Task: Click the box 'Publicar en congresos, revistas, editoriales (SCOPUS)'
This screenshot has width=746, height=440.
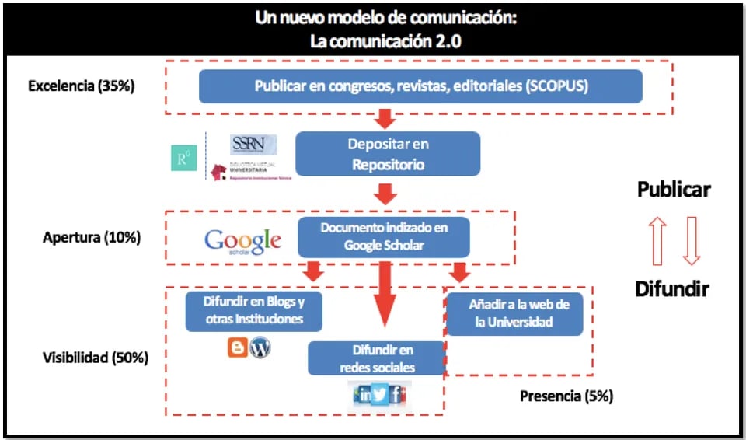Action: [x=420, y=86]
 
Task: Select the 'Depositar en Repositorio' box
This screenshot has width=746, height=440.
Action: [x=388, y=154]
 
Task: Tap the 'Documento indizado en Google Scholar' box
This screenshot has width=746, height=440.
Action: [x=384, y=236]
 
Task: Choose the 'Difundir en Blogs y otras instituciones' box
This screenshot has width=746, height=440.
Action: [x=253, y=310]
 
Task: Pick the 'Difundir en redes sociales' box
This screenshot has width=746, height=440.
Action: [x=377, y=358]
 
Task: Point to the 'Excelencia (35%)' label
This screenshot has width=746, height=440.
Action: [x=81, y=86]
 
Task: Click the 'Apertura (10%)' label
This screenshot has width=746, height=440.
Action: [x=92, y=237]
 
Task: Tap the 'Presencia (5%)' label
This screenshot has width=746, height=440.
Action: [x=566, y=396]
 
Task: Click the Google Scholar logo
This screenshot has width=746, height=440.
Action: [x=242, y=241]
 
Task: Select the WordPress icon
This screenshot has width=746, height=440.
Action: [x=260, y=347]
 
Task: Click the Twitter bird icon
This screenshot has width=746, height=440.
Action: [x=380, y=394]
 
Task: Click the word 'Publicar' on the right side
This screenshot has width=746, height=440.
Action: [x=674, y=189]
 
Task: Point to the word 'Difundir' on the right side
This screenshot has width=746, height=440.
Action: [x=672, y=289]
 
